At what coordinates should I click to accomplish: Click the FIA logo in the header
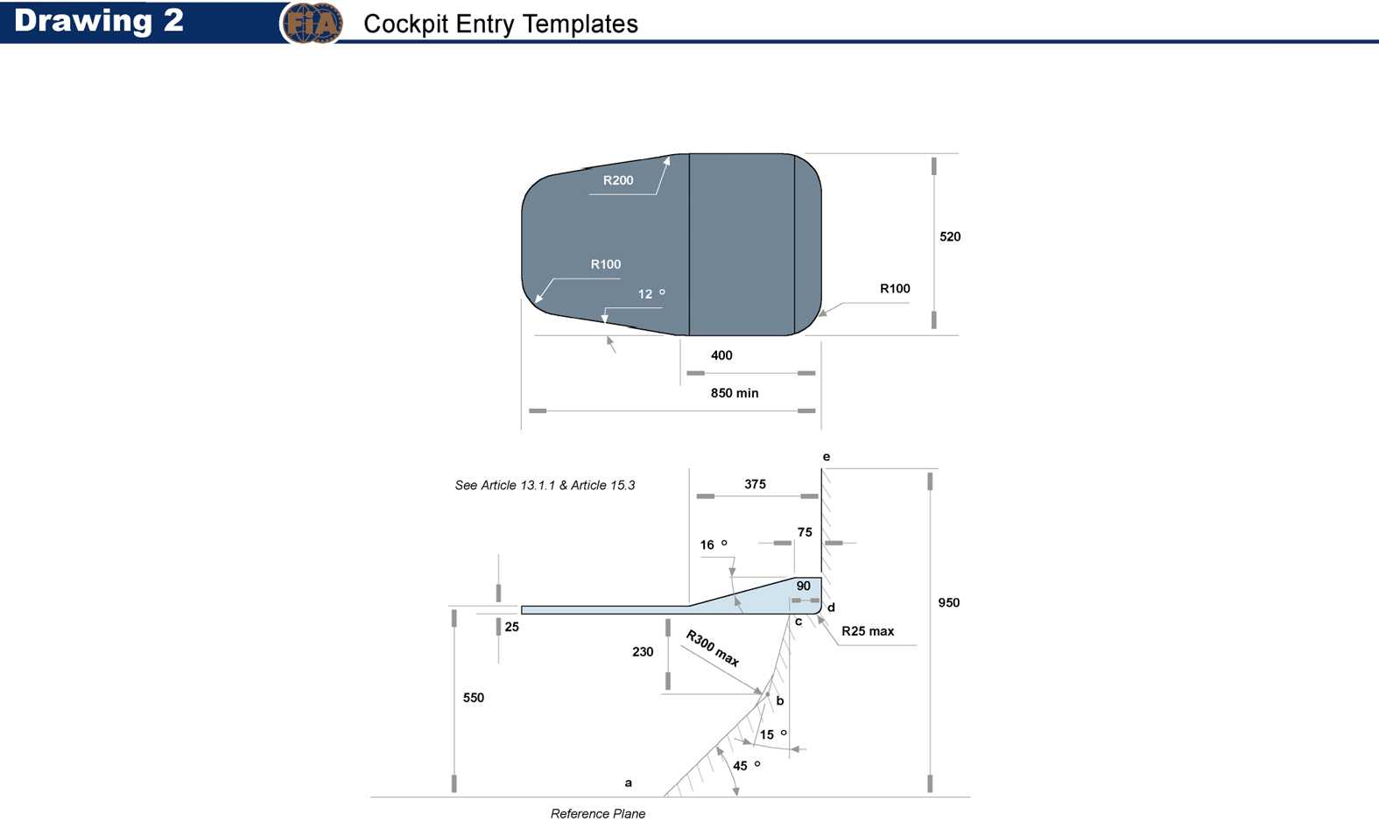(x=312, y=24)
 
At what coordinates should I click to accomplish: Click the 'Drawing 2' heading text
(x=98, y=20)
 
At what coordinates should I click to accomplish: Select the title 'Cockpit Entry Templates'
(x=501, y=24)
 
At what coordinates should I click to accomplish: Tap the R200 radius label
(x=618, y=180)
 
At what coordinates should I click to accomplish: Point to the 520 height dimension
(x=950, y=236)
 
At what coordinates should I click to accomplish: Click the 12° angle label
(x=651, y=293)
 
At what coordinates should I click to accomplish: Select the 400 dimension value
(x=721, y=355)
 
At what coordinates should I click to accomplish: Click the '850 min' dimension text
(x=735, y=393)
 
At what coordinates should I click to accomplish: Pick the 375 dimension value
(x=755, y=484)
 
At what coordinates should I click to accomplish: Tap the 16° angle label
(x=714, y=544)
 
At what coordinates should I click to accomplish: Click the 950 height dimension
(x=949, y=602)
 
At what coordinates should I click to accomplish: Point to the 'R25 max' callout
(x=868, y=631)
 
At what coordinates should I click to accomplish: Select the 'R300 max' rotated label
(x=713, y=648)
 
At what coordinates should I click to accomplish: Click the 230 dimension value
(x=643, y=652)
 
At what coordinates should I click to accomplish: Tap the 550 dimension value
(x=474, y=698)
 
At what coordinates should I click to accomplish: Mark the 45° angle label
(x=746, y=766)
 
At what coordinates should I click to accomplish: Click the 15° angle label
(x=773, y=734)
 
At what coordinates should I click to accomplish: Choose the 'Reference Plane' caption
(x=598, y=813)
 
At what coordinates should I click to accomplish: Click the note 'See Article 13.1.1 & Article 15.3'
(x=545, y=485)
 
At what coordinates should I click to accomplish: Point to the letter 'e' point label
(x=827, y=457)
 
